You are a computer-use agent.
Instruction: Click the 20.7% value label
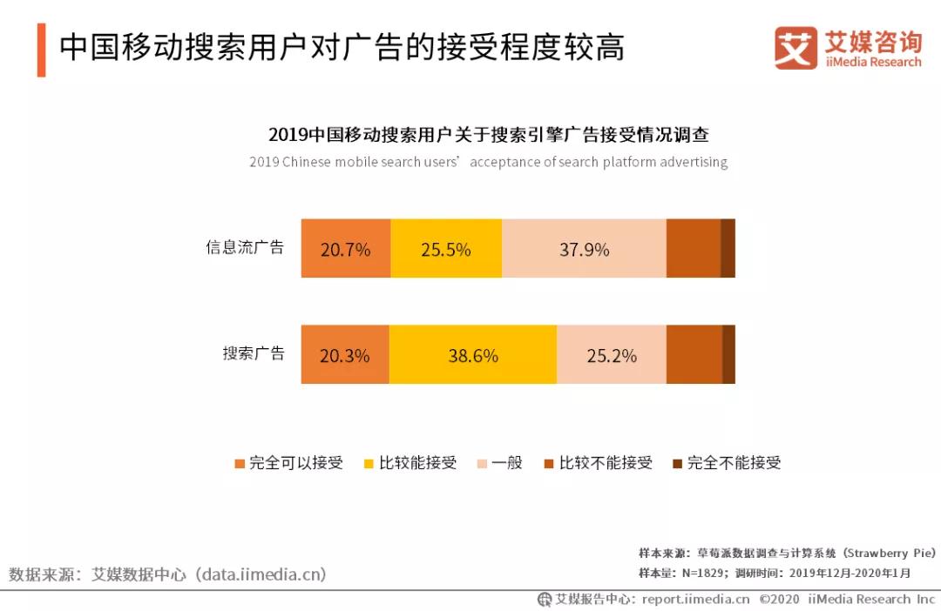click(x=345, y=250)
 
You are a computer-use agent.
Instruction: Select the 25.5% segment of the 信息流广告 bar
click(x=446, y=250)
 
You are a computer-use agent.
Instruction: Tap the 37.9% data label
click(x=584, y=250)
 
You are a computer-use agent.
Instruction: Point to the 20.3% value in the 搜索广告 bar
click(x=345, y=355)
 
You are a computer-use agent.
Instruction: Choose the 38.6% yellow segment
click(x=473, y=355)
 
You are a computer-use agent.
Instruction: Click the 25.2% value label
click(x=611, y=355)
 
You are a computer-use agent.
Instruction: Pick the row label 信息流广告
click(x=245, y=247)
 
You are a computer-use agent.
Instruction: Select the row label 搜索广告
click(x=253, y=353)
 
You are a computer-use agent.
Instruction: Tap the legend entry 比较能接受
click(x=410, y=463)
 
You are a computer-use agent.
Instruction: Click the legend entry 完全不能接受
click(x=727, y=463)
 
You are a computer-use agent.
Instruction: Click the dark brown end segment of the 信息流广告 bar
click(x=728, y=249)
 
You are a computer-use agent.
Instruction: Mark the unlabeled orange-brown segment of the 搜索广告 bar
click(x=694, y=354)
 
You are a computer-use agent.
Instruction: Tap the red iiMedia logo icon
click(x=795, y=48)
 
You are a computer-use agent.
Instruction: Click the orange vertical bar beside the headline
click(x=41, y=49)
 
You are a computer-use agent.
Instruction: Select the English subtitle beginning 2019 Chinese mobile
click(x=488, y=162)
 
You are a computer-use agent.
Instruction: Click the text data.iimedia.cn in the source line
click(x=261, y=574)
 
